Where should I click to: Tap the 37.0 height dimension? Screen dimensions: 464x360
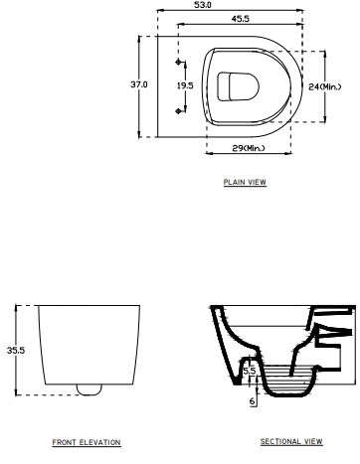pos(139,85)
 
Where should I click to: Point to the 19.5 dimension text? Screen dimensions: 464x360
pos(184,85)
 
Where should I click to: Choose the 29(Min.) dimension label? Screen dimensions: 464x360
pos(249,148)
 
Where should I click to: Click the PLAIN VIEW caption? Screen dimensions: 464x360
pos(246,183)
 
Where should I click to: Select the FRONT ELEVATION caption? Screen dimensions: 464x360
pos(87,442)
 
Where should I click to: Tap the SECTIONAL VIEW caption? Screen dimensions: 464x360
pos(291,441)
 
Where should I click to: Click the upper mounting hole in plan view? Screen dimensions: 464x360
pos(180,63)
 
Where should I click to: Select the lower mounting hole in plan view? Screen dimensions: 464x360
pos(180,110)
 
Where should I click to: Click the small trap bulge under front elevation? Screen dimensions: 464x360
pos(88,387)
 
